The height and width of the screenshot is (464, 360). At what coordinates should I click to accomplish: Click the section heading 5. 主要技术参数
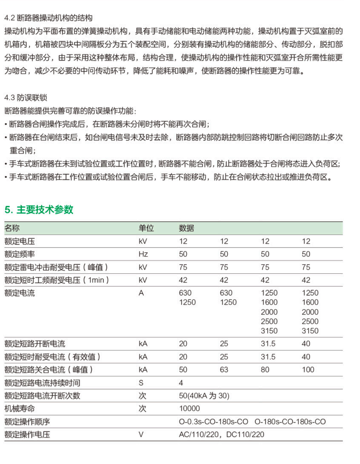(39, 209)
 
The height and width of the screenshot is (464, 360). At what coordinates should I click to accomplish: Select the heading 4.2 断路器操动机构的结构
(48, 18)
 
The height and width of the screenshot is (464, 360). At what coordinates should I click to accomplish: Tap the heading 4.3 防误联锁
(26, 98)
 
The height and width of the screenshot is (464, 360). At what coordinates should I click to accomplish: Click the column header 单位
(146, 228)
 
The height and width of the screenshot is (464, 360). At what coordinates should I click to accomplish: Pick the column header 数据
(186, 228)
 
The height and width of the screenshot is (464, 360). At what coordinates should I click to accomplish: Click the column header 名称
(12, 228)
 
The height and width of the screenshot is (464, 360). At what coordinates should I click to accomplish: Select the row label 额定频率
(19, 254)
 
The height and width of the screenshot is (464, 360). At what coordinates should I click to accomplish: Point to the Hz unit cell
(143, 254)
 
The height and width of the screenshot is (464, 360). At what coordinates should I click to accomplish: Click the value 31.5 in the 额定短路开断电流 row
(268, 344)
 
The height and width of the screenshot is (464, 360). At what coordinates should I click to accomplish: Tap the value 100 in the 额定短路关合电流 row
(308, 370)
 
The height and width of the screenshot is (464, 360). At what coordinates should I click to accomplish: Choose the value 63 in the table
(224, 370)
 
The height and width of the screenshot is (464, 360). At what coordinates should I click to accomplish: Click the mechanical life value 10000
(190, 409)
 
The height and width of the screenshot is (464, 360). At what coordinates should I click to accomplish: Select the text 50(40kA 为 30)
(204, 396)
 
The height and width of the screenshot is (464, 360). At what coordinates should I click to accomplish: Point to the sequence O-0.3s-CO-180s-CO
(213, 422)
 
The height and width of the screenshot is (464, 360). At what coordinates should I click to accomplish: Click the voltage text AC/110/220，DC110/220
(222, 435)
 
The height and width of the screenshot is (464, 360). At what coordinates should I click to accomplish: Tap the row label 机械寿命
(19, 409)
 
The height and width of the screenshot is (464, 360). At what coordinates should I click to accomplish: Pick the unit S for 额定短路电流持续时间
(141, 383)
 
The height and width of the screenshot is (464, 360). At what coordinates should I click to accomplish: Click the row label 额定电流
(19, 293)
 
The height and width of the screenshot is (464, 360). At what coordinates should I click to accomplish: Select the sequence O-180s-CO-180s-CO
(290, 422)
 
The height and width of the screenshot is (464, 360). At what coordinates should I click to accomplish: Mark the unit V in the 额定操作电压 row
(141, 435)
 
